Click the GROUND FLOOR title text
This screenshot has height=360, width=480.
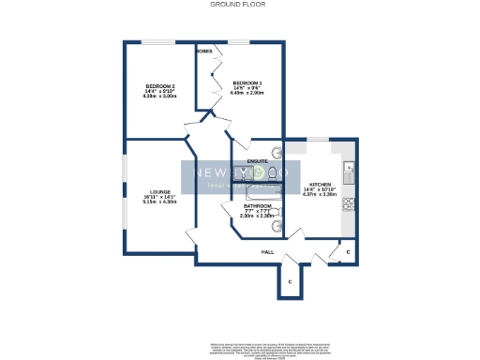point(238,5)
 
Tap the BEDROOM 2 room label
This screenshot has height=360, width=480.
point(159,87)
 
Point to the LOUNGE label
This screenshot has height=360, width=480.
point(154,190)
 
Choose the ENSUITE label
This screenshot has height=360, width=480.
point(258,161)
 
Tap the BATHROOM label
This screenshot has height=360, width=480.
point(258,206)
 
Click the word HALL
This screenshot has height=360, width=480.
point(267,252)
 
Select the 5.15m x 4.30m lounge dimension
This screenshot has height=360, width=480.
point(154,202)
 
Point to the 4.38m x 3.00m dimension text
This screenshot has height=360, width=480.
point(159,97)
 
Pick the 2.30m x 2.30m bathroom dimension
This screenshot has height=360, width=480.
point(258,217)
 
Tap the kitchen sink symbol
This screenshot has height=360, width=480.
point(348,170)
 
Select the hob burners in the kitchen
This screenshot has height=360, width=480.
point(348,202)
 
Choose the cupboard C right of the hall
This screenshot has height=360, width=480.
point(346,251)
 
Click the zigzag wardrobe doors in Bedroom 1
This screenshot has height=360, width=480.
point(213,84)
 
